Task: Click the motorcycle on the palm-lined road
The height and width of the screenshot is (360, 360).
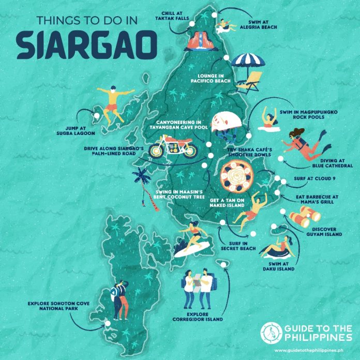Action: click(x=173, y=146)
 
